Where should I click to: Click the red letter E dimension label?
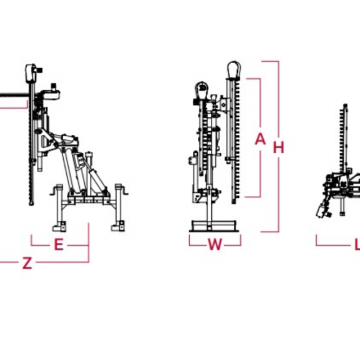click(59, 245)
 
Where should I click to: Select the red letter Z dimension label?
click(27, 263)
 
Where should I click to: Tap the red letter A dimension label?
click(260, 139)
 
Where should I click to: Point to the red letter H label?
click(278, 147)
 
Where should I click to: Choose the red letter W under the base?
click(215, 245)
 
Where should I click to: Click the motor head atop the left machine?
click(32, 73)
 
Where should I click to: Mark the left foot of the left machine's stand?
click(58, 227)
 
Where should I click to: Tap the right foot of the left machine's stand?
click(118, 227)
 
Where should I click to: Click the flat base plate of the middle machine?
click(214, 226)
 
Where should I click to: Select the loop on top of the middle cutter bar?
click(234, 69)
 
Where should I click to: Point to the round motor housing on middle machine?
click(201, 89)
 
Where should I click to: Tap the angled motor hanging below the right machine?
click(322, 209)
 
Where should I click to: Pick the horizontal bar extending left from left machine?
click(14, 95)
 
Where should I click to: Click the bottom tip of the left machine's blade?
click(32, 204)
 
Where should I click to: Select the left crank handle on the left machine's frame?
click(54, 191)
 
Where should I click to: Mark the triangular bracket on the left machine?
click(47, 142)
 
